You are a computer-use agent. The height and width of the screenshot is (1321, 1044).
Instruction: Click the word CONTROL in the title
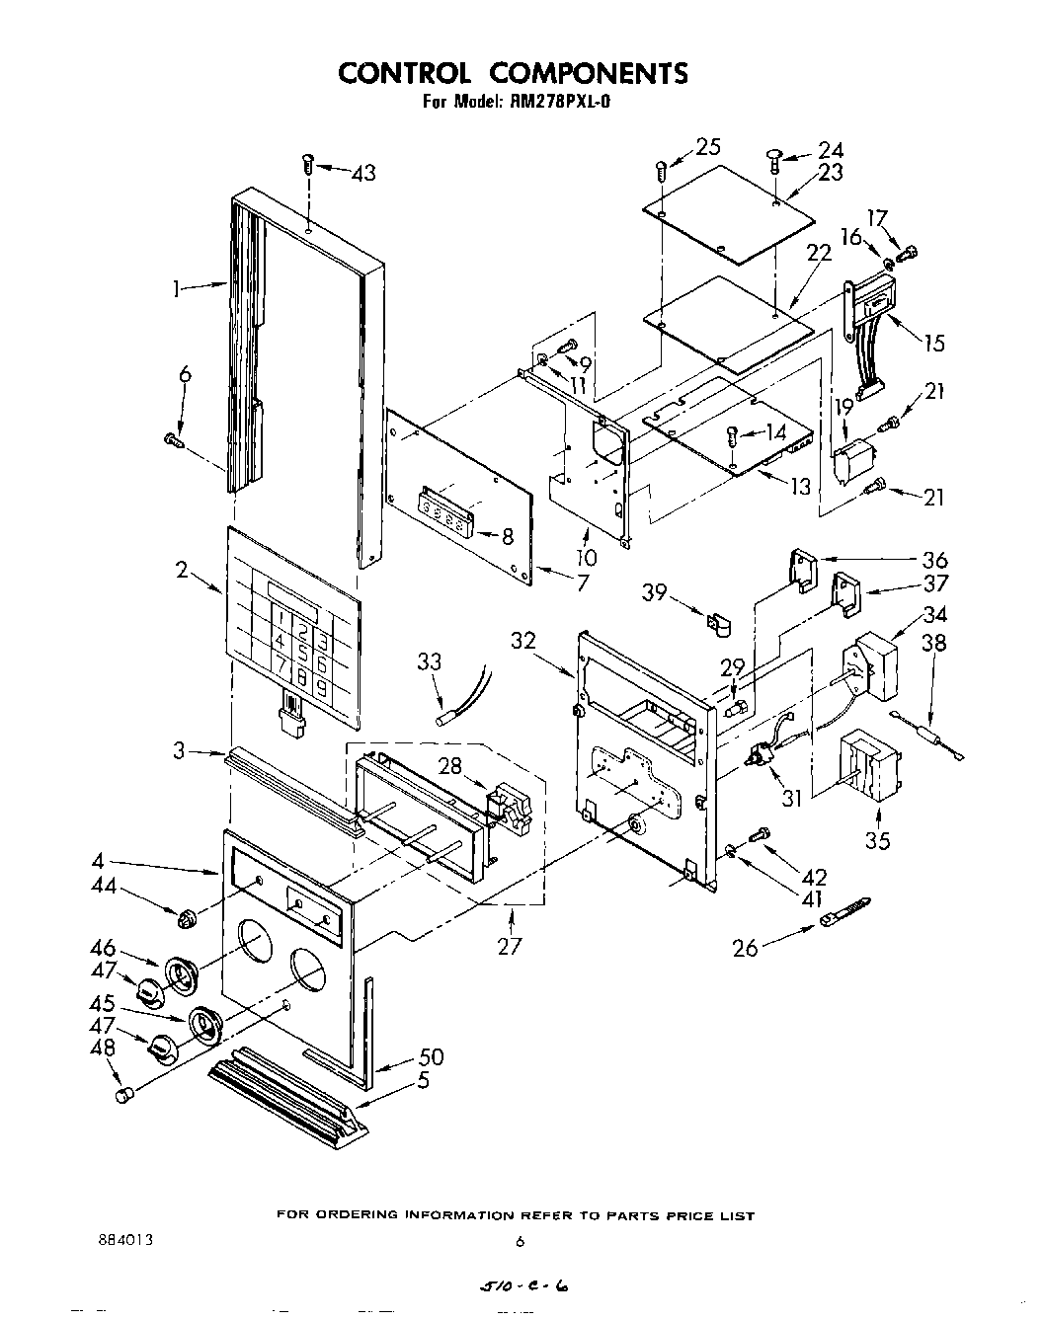(x=405, y=73)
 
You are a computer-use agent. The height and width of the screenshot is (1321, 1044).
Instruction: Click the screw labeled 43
(x=308, y=163)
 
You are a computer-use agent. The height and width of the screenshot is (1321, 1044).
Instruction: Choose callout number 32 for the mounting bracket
(x=524, y=641)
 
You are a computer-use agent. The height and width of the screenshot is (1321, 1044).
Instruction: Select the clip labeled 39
(x=718, y=625)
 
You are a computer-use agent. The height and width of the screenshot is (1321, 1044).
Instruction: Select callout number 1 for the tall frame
(x=176, y=290)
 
